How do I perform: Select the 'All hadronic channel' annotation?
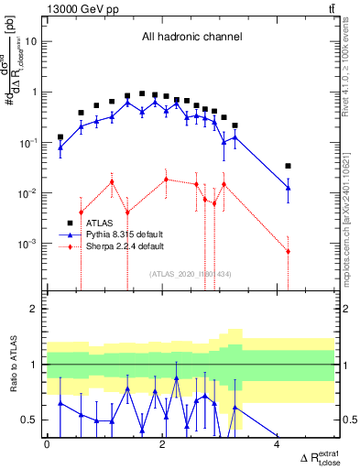coord(191,38)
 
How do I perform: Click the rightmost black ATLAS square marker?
coord(288,166)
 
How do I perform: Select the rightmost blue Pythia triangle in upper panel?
coord(288,188)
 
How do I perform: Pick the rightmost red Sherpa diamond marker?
coord(288,251)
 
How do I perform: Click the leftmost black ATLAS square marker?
coord(60,136)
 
